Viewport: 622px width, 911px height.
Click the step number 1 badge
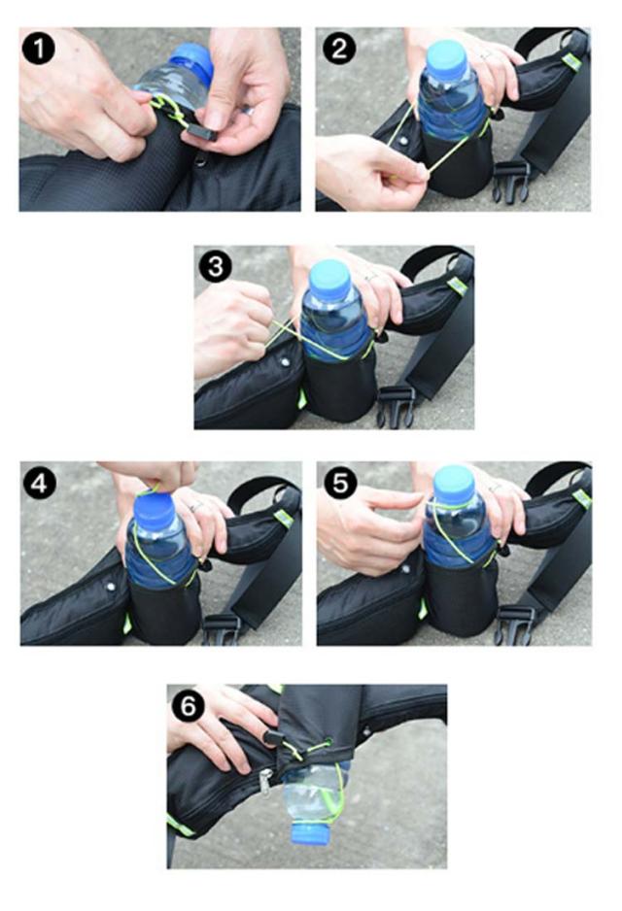(38, 49)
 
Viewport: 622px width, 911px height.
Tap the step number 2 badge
(338, 49)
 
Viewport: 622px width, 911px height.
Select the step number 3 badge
(216, 267)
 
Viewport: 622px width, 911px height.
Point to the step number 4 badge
(40, 484)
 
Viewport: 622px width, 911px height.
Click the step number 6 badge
(189, 706)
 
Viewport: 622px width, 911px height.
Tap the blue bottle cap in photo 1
(192, 62)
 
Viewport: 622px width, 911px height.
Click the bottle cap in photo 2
(448, 60)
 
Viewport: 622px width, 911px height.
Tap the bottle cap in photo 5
(454, 484)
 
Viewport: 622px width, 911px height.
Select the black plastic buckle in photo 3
(396, 407)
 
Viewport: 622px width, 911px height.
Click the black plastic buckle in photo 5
(515, 625)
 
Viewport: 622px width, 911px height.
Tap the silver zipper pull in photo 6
(266, 782)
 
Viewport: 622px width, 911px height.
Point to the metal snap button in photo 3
(284, 362)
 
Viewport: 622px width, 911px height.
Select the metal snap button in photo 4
(111, 587)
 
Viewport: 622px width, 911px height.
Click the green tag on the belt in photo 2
(572, 61)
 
